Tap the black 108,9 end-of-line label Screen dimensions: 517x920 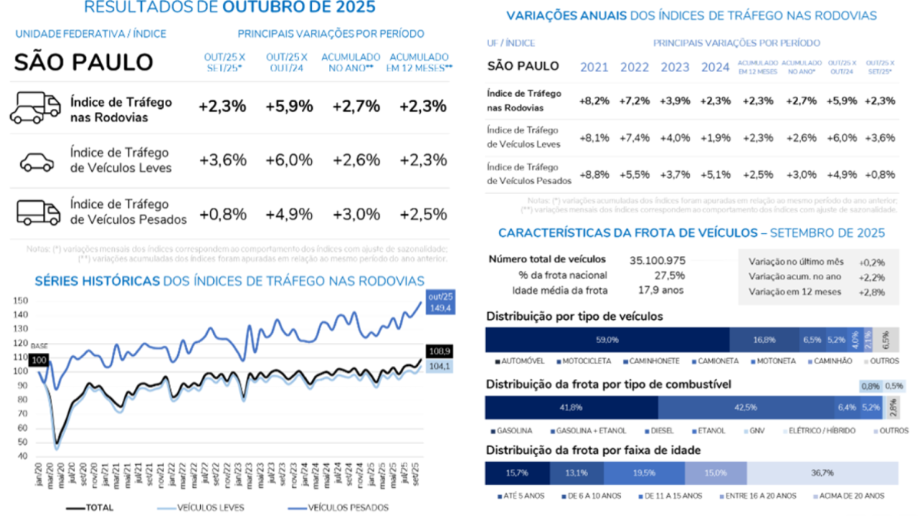[435, 351]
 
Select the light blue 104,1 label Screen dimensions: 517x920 [435, 367]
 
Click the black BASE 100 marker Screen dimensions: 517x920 [39, 359]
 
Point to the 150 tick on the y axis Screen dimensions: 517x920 [21, 301]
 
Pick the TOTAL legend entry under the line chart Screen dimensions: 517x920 [98, 507]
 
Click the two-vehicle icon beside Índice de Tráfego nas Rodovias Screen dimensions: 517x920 [35, 108]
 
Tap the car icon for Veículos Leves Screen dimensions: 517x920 [36, 160]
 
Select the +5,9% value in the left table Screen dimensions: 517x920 [289, 107]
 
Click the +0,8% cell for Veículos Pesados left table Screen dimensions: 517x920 [222, 212]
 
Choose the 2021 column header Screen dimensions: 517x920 [594, 67]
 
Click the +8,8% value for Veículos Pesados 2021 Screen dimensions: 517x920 [595, 174]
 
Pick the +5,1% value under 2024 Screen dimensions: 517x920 [715, 174]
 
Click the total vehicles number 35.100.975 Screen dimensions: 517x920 [658, 259]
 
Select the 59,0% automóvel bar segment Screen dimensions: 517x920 [607, 339]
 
